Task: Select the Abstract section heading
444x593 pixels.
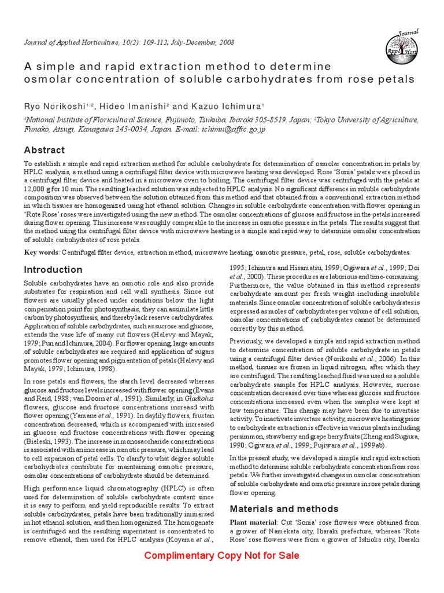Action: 44,150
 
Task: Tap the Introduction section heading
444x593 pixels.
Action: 53,269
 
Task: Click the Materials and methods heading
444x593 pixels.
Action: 284,509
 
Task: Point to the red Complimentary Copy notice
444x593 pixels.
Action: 222,556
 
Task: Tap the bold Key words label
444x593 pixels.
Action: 42,252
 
